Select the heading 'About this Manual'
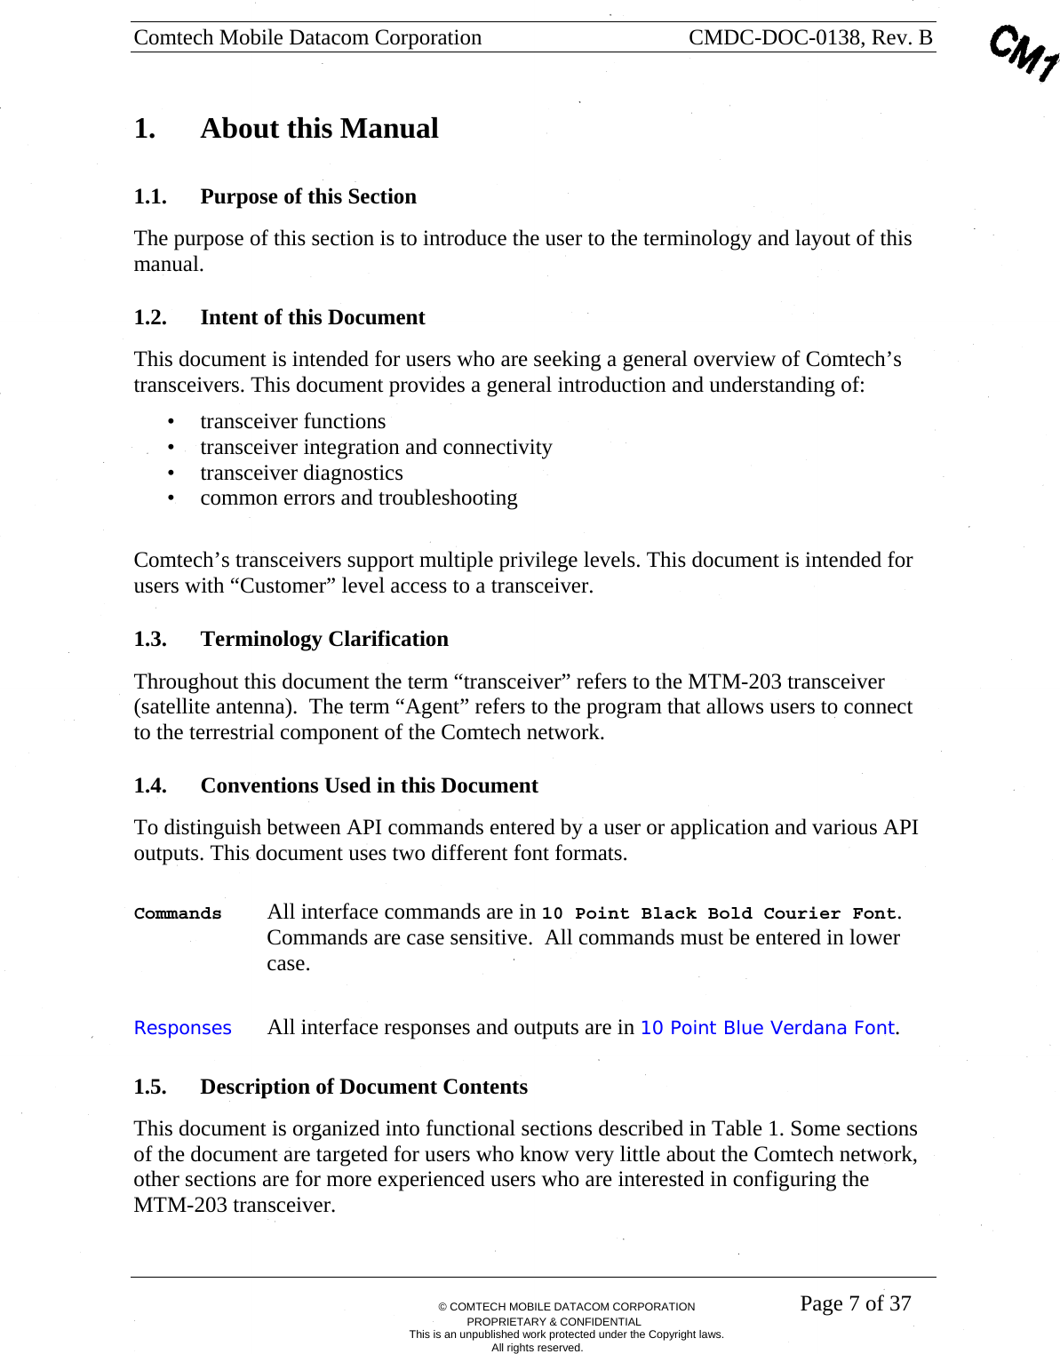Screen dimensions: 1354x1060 [x=319, y=129]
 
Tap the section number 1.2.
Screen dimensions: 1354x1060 [x=150, y=318]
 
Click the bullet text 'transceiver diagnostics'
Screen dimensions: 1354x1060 [x=301, y=473]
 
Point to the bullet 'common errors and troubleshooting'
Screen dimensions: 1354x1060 [x=358, y=498]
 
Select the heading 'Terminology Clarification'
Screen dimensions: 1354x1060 [x=323, y=640]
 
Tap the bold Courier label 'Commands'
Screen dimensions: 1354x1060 [x=178, y=913]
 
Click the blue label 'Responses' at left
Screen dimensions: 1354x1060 [x=182, y=1028]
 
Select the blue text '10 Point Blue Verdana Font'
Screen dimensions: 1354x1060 [x=767, y=1028]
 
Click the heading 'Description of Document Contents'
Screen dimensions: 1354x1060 [x=363, y=1087]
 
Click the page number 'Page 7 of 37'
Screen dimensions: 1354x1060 [x=855, y=1303]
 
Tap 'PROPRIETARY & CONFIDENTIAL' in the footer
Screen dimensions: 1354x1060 [x=554, y=1321]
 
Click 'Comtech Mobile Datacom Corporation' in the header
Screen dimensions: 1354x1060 [x=307, y=37]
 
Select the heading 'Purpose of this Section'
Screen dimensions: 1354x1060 [x=307, y=197]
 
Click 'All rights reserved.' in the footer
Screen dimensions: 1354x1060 [x=537, y=1347]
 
